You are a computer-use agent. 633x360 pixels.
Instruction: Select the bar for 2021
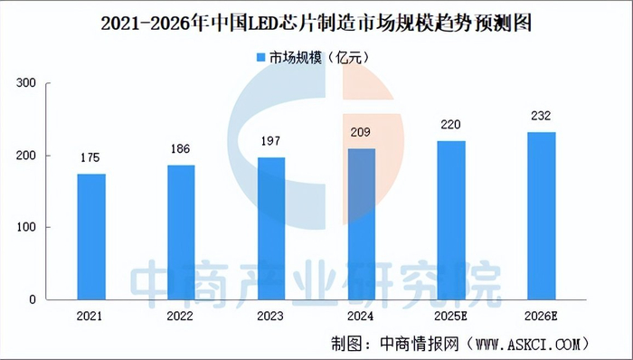[x=90, y=236]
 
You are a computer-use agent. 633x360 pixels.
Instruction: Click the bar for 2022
[x=181, y=232]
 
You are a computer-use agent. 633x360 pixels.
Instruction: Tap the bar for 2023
[x=271, y=228]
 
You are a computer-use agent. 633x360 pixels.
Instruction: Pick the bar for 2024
[x=362, y=223]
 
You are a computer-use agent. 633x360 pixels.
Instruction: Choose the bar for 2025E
[x=451, y=220]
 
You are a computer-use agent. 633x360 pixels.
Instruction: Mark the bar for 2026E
[x=542, y=215]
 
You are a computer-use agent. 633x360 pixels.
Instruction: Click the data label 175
[x=90, y=156]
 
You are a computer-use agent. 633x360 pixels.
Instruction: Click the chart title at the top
[x=316, y=24]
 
